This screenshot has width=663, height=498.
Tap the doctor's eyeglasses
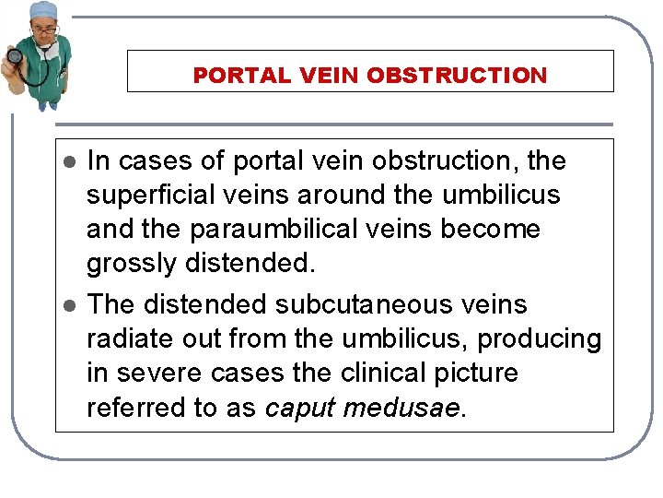pyautogui.click(x=44, y=30)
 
